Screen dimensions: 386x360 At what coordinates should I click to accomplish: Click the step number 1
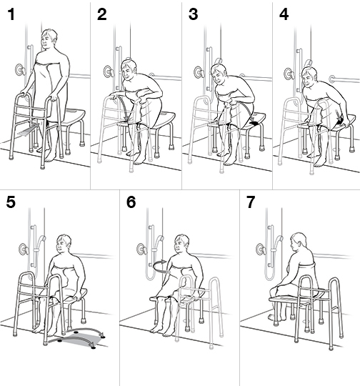pyautogui.click(x=11, y=15)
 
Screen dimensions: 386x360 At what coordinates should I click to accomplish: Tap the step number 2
pyautogui.click(x=102, y=15)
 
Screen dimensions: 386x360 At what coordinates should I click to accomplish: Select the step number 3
pyautogui.click(x=194, y=15)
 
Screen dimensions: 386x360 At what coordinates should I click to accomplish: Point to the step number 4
pyautogui.click(x=284, y=15)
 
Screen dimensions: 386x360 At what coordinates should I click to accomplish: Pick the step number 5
pyautogui.click(x=11, y=202)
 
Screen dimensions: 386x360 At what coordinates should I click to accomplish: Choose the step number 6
pyautogui.click(x=131, y=202)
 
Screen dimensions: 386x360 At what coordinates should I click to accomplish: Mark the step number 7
pyautogui.click(x=251, y=202)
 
